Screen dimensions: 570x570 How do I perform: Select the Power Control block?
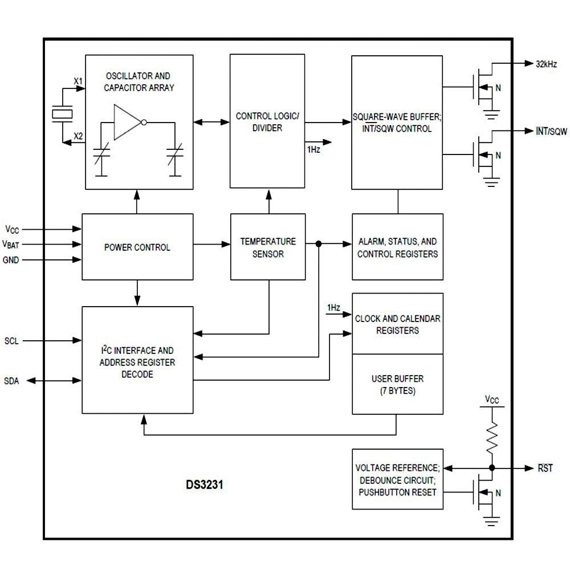[x=137, y=247]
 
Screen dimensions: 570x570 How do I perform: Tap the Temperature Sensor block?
[x=268, y=247]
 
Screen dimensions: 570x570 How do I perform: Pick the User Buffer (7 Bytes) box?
[x=397, y=384]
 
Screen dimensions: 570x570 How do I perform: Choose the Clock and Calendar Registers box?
[x=397, y=324]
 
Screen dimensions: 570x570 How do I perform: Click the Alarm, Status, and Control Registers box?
[x=397, y=247]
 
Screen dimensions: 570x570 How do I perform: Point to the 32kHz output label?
[x=546, y=64]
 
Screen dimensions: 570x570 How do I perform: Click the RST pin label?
[x=545, y=469]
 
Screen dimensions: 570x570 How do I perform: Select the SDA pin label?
[x=11, y=381]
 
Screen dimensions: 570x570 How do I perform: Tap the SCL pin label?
[x=11, y=341]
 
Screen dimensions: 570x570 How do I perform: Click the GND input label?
[x=11, y=260]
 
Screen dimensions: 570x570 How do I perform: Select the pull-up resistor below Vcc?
[x=491, y=435]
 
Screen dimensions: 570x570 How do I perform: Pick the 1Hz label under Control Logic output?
[x=313, y=149]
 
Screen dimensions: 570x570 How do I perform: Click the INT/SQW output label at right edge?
[x=551, y=132]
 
